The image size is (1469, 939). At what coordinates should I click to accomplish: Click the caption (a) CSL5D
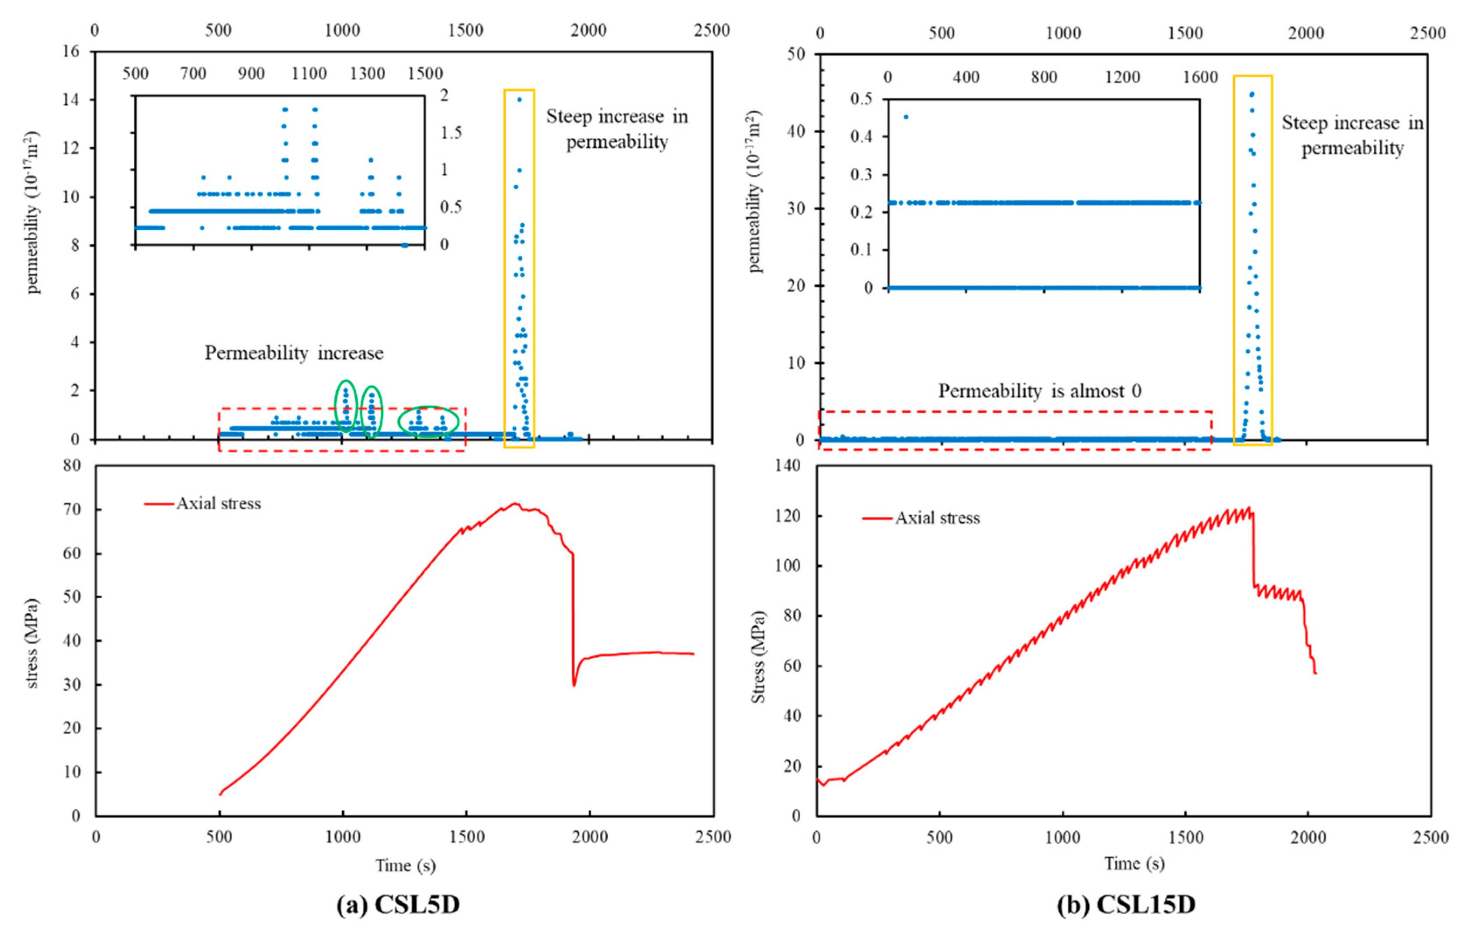coord(398,904)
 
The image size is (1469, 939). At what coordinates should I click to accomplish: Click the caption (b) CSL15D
coord(1125,904)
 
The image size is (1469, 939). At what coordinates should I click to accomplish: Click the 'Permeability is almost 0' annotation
coord(1039,391)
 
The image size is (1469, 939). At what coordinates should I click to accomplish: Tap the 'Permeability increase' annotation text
coord(294,353)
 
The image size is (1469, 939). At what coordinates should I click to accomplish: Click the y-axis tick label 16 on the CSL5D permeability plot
coord(71,51)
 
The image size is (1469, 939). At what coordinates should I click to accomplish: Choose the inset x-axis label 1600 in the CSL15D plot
coord(1200,77)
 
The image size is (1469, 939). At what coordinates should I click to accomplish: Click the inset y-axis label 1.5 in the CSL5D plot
coord(451,132)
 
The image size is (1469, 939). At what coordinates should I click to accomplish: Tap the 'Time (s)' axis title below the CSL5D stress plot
coord(405,866)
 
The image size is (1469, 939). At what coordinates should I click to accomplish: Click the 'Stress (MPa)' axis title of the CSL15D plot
coord(758,657)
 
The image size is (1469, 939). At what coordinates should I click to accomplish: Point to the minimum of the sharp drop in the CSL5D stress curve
coord(574,685)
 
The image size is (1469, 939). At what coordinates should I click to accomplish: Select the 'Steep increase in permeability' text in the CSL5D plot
coord(616,129)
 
